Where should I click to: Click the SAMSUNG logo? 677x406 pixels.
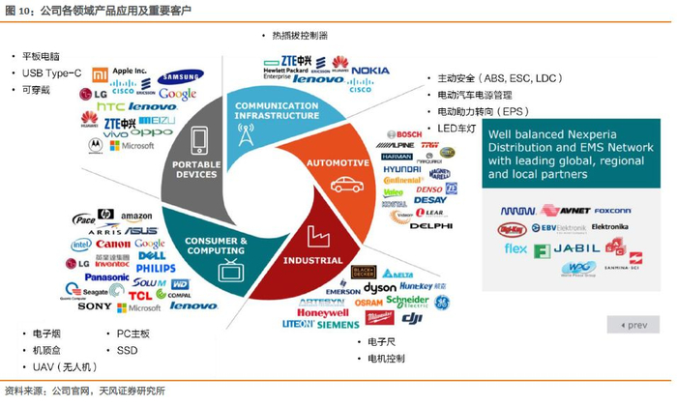pyautogui.click(x=181, y=77)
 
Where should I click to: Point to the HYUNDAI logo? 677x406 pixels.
pyautogui.click(x=401, y=168)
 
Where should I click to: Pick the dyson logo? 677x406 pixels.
pyautogui.click(x=380, y=287)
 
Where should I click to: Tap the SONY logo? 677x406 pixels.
pyautogui.click(x=95, y=306)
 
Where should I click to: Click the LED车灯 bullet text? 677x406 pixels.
pyautogui.click(x=458, y=128)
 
